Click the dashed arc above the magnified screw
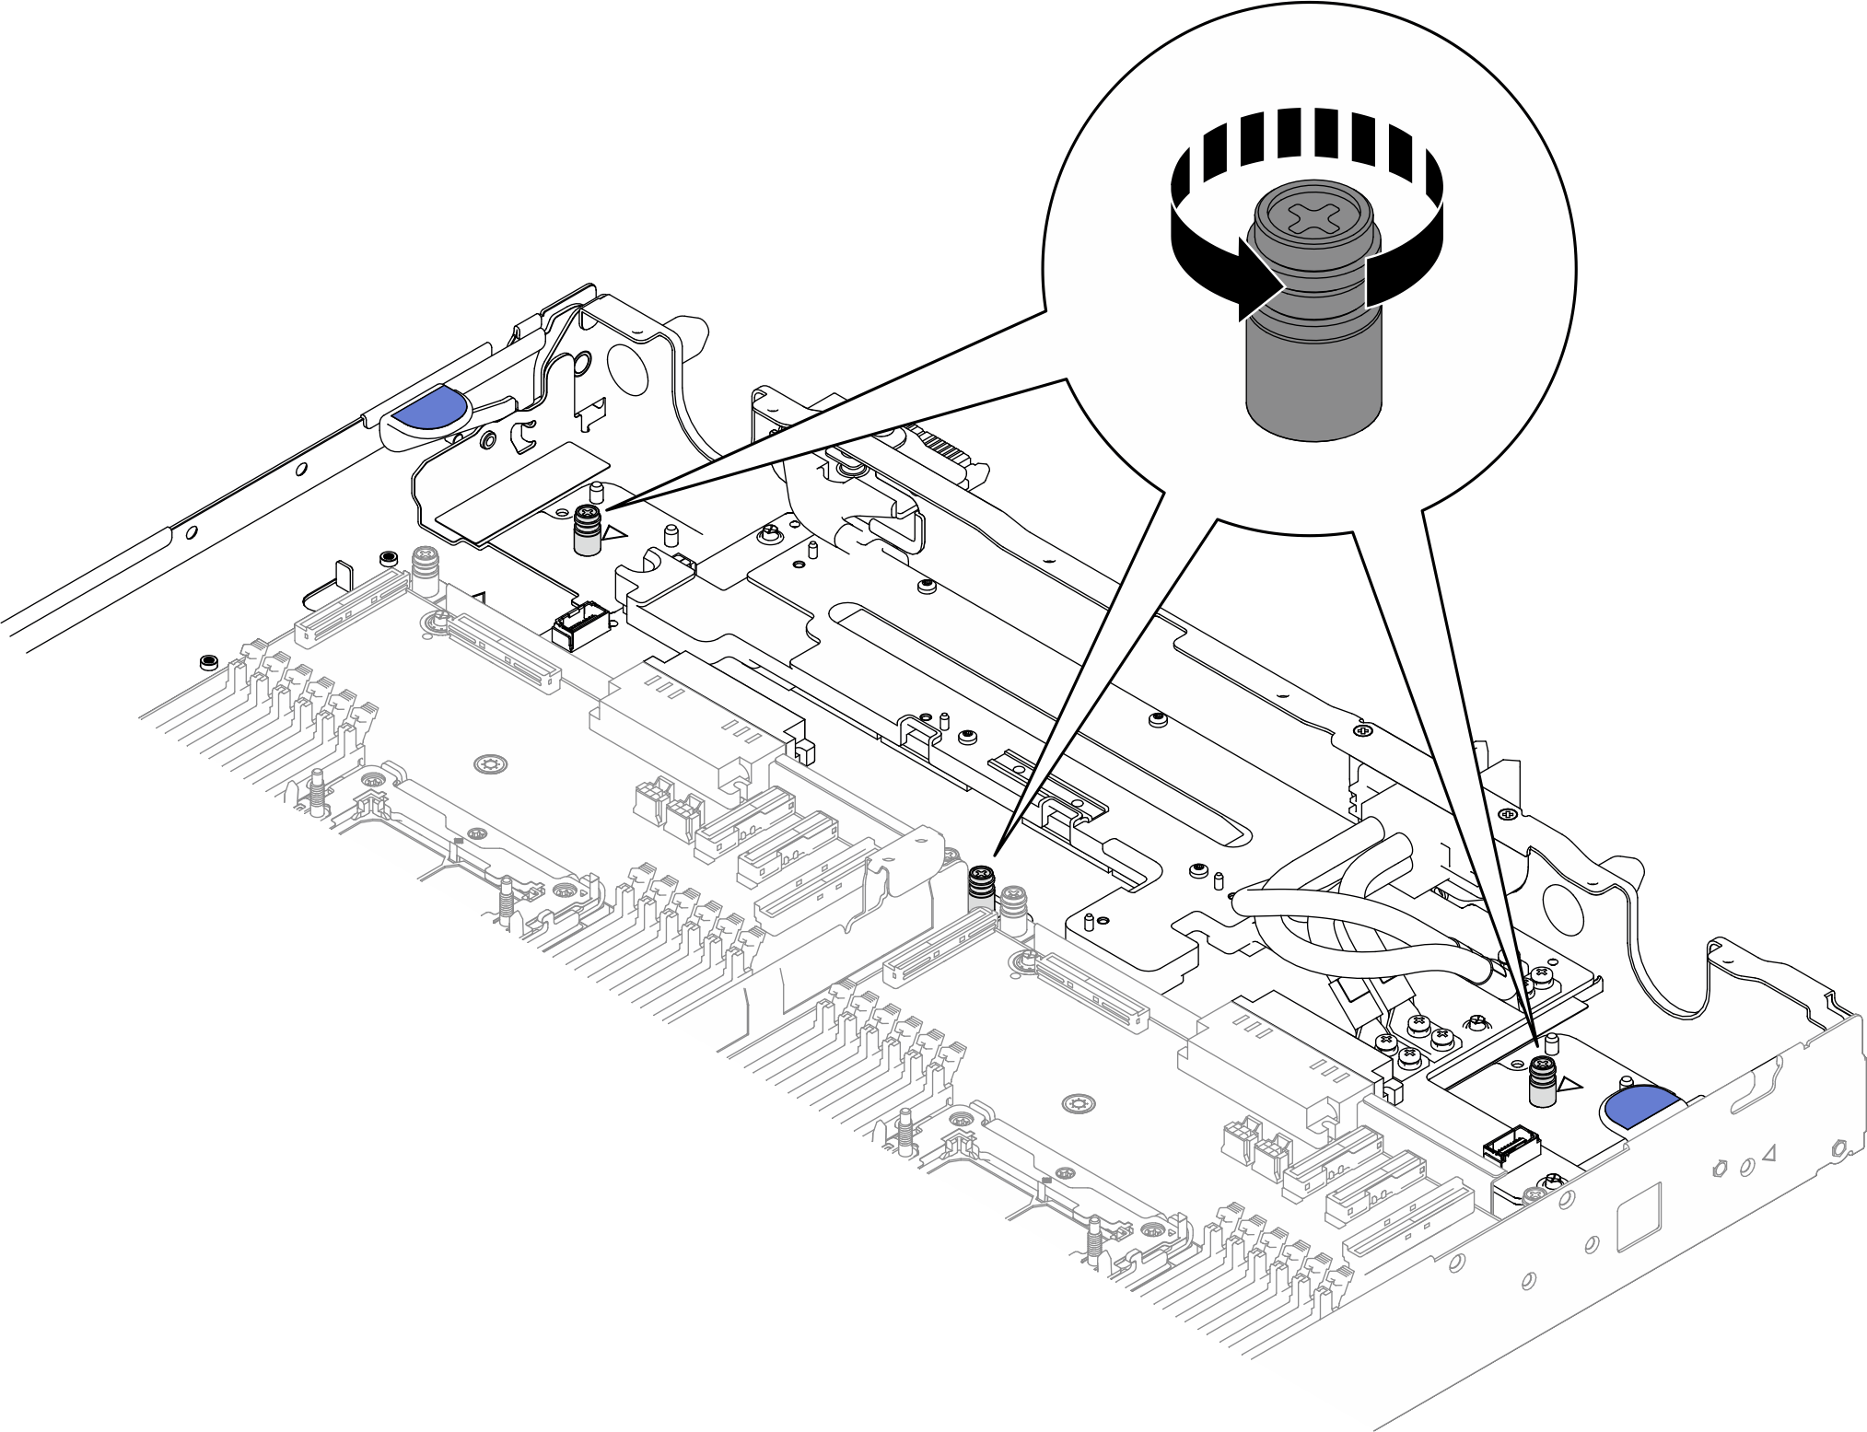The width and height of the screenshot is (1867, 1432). coord(1306,139)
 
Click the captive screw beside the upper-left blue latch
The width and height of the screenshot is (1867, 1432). coord(587,531)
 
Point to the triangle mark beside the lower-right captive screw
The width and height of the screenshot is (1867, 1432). coord(1569,1086)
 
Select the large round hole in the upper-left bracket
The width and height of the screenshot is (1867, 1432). coord(629,371)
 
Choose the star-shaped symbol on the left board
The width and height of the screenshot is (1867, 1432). coord(488,763)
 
